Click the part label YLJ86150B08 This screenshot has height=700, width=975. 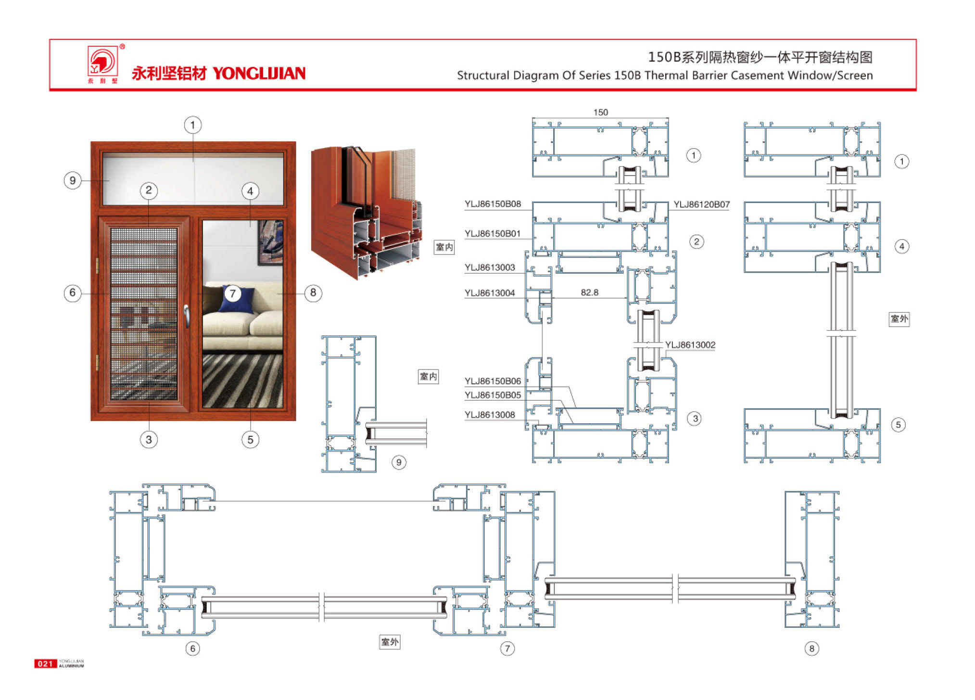coord(493,204)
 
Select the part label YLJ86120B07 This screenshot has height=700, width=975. coord(701,204)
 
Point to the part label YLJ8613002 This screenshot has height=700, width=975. coord(690,345)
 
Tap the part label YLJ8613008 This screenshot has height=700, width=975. coord(490,415)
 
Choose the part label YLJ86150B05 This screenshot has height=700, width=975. coord(493,395)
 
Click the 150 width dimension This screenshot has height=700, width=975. coord(600,112)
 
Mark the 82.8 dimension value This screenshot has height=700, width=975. coord(589,293)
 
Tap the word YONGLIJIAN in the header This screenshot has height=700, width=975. coord(259,73)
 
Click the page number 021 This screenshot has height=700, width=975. coord(45,664)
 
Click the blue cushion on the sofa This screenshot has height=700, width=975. coord(237,299)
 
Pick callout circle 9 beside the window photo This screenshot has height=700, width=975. coord(73,180)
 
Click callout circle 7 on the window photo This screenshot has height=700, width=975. coord(232,293)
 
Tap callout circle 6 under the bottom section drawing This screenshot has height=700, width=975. coord(192,649)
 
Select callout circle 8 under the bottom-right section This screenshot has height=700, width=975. coord(811,649)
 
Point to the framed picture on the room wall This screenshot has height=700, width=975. coord(270,242)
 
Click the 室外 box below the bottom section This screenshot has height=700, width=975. coord(390,642)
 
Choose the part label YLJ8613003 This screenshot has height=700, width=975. coord(490,267)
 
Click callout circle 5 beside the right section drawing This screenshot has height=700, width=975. coord(898,425)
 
